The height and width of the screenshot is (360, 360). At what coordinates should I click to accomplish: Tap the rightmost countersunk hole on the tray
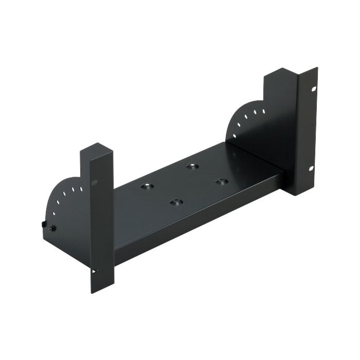click(221, 181)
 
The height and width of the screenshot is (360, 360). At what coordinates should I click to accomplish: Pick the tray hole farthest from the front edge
click(192, 167)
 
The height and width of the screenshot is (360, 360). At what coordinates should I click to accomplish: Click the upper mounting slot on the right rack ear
click(312, 89)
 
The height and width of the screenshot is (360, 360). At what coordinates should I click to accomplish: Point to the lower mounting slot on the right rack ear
click(311, 169)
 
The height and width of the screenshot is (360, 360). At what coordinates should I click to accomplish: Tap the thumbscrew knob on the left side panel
click(51, 229)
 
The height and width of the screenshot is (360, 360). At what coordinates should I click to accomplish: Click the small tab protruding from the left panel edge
click(41, 223)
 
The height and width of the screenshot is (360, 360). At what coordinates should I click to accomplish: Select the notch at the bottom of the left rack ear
click(94, 270)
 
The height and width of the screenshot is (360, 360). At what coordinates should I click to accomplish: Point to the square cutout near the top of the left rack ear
click(94, 182)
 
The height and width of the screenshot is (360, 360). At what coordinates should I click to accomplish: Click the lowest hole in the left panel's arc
click(53, 213)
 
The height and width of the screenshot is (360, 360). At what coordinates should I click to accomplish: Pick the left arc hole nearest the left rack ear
click(81, 189)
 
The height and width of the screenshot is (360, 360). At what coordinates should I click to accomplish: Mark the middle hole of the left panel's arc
click(65, 194)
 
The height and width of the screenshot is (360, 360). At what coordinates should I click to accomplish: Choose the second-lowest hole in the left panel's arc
click(58, 203)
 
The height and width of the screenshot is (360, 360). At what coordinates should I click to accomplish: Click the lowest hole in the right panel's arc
click(235, 136)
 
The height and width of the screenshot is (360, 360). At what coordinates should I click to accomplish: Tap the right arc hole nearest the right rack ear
click(263, 111)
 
